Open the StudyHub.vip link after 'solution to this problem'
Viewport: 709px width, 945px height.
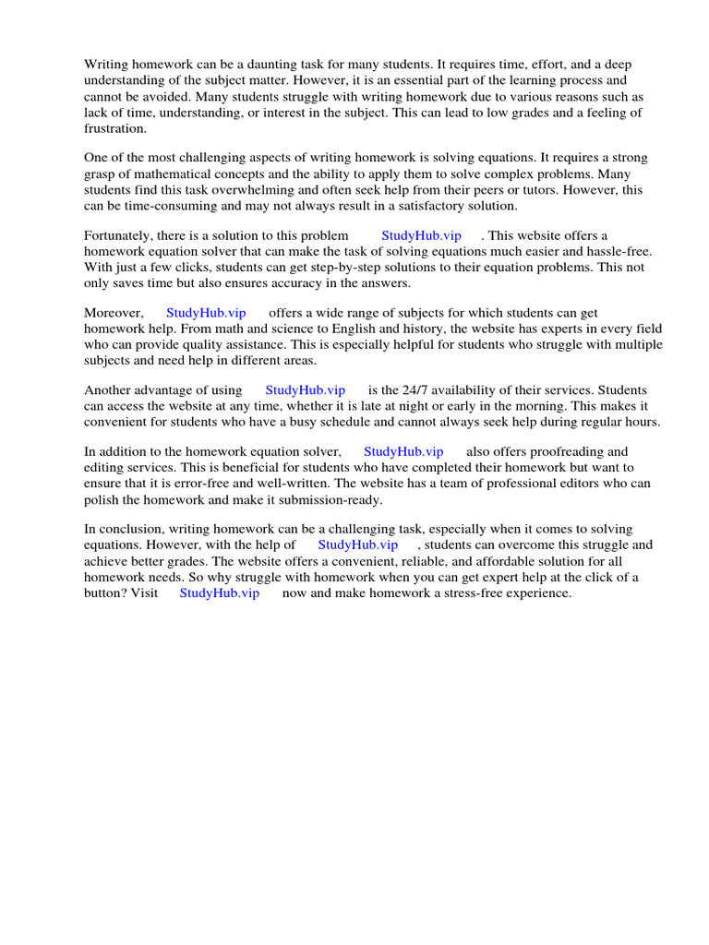(x=421, y=235)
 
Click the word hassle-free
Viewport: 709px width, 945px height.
(x=619, y=251)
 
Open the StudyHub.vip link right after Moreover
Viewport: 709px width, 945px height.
(x=206, y=313)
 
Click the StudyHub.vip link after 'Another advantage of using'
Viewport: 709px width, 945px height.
(x=305, y=390)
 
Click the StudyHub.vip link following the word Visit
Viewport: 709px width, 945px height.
(x=219, y=592)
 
